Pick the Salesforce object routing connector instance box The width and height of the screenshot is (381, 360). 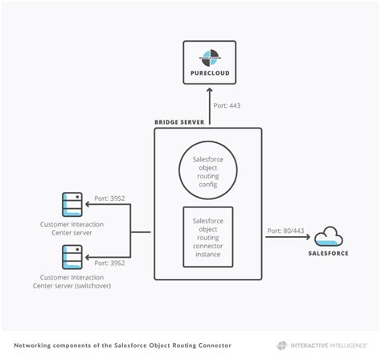208,237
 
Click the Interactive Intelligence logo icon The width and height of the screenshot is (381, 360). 282,346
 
